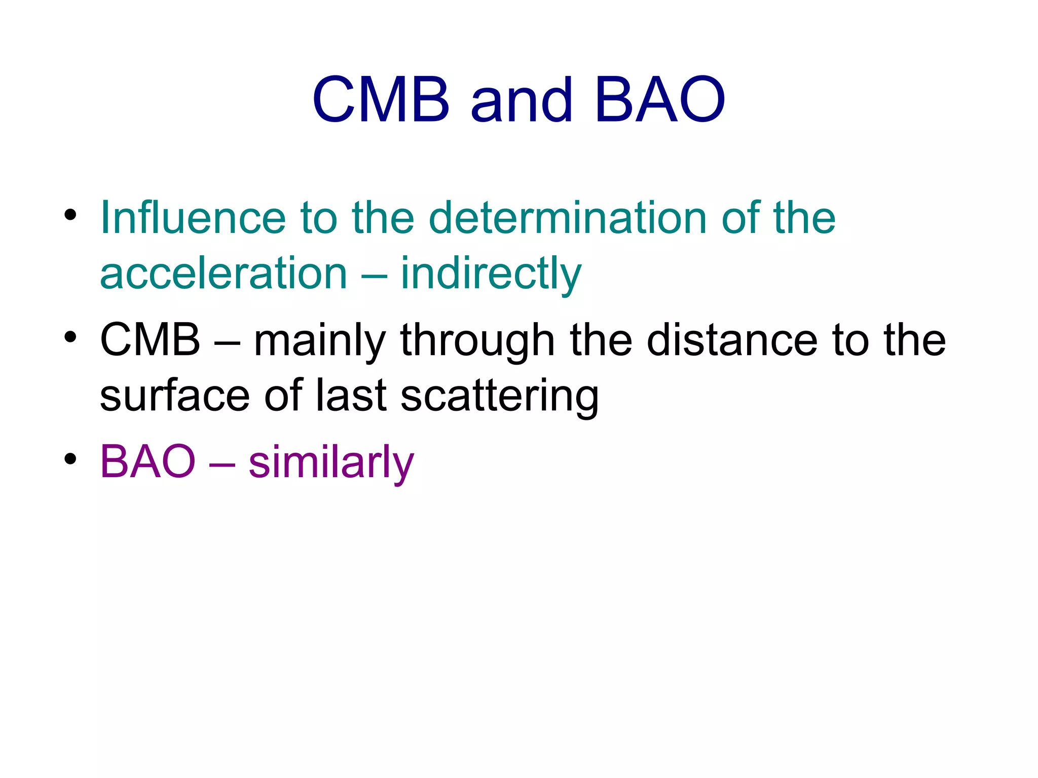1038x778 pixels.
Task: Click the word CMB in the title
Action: tap(381, 100)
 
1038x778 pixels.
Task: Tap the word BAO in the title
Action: tap(660, 100)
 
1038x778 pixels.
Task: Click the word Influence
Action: tap(193, 218)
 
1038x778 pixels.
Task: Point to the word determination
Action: tap(568, 218)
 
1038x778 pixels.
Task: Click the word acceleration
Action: tap(224, 274)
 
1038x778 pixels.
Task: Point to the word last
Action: tap(352, 396)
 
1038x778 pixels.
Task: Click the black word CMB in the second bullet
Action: tap(150, 340)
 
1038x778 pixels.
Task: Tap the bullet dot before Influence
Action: tap(70, 215)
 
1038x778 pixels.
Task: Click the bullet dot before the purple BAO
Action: tap(70, 459)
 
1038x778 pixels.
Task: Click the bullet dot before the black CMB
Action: tap(70, 337)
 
